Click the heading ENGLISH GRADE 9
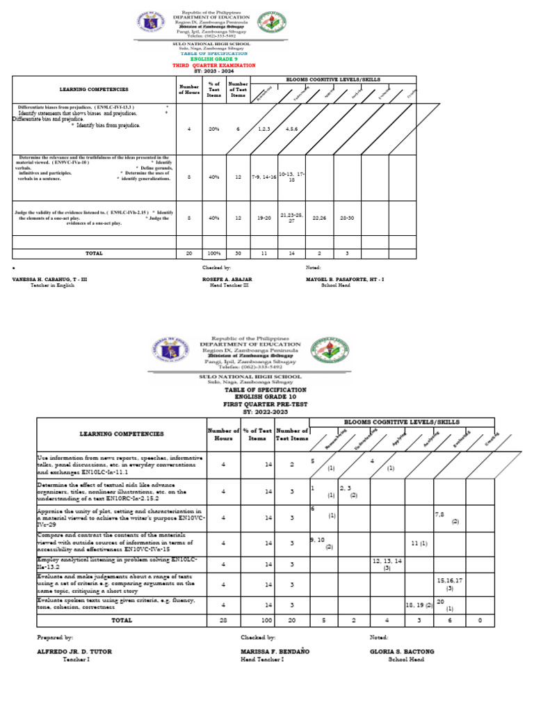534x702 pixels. point(213,59)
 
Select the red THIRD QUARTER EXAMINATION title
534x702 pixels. point(213,65)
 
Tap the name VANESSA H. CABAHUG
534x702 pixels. point(49,279)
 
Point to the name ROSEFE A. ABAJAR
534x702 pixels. point(227,279)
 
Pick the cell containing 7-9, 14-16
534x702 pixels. point(264,177)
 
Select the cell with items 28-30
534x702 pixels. point(347,218)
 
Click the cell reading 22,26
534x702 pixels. point(319,218)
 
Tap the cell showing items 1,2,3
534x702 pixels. point(264,129)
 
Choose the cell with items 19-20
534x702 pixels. point(264,218)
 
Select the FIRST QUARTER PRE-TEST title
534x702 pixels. point(254,404)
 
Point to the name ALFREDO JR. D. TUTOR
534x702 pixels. point(74,652)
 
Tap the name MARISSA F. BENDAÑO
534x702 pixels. point(275,652)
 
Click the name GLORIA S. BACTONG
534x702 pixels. point(402,652)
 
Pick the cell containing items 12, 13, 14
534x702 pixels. point(387,564)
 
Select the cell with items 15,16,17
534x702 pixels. point(450,583)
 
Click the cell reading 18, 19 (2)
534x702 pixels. point(419,605)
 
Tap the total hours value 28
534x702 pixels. point(223,619)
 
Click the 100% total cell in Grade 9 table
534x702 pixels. point(213,253)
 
